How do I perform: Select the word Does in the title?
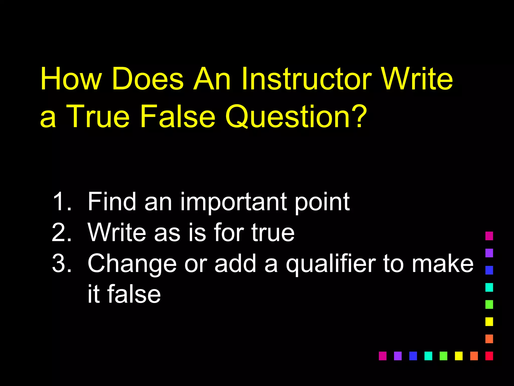(148, 79)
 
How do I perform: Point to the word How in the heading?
(71, 79)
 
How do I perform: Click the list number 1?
(61, 202)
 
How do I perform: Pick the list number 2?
(61, 232)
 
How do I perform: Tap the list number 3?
(61, 263)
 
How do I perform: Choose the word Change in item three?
(132, 263)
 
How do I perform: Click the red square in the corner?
(489, 356)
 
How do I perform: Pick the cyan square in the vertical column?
(489, 287)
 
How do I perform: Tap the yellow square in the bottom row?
(459, 356)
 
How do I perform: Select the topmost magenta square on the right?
(489, 236)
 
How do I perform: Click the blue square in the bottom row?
(413, 356)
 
